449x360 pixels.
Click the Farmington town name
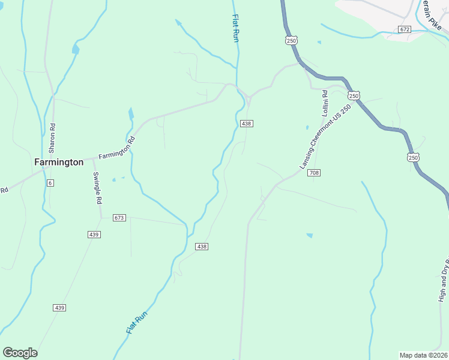[x=58, y=162]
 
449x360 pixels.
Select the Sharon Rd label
[x=52, y=137]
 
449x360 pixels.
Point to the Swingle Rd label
[x=96, y=188]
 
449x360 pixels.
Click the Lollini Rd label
[x=324, y=103]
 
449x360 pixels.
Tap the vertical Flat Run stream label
[x=236, y=28]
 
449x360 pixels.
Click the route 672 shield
[x=404, y=29]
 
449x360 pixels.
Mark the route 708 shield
[x=314, y=173]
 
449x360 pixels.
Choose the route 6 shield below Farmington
[x=50, y=182]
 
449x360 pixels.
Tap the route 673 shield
[x=119, y=217]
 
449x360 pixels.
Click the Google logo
[x=20, y=353]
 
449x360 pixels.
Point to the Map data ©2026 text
[x=423, y=355]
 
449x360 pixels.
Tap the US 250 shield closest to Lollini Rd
[x=354, y=95]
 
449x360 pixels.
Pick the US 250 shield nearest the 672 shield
[x=291, y=40]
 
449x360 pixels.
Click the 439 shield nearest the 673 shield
[x=94, y=235]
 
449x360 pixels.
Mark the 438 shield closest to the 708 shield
[x=246, y=124]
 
